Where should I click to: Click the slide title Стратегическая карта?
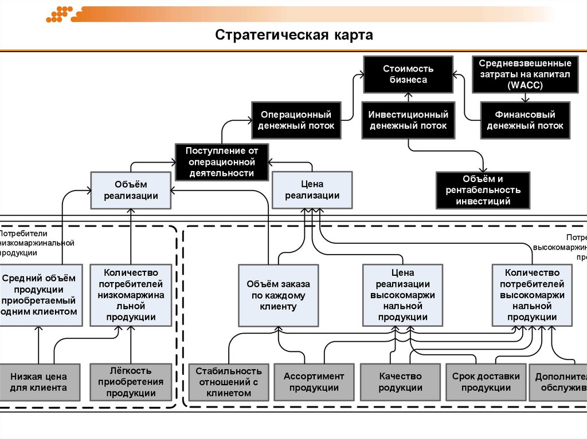[x=294, y=35]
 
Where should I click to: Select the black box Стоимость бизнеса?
[x=408, y=74]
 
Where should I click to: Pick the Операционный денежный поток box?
[x=296, y=120]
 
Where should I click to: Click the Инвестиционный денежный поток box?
[x=408, y=120]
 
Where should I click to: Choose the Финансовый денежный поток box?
[x=525, y=120]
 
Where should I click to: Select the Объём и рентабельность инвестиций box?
[x=483, y=190]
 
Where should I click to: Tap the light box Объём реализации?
[x=131, y=190]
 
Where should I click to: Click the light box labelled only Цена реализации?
[x=312, y=190]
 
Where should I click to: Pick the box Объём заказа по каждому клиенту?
[x=279, y=295]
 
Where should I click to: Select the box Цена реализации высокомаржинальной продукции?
[x=402, y=295]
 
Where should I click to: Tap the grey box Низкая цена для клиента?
[x=38, y=382]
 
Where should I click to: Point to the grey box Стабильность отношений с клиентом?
[x=228, y=382]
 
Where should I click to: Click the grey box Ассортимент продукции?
[x=314, y=382]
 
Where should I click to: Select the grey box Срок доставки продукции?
[x=486, y=382]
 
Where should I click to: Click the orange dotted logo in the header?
[x=59, y=14]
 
